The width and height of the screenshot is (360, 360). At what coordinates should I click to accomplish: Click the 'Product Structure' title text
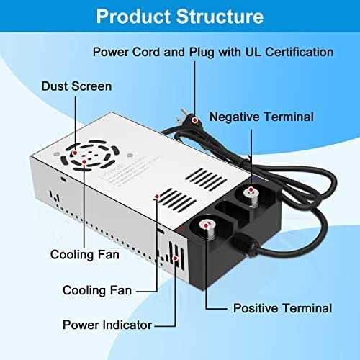pyautogui.click(x=179, y=16)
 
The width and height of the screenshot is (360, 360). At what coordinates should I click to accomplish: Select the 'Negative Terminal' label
pyautogui.click(x=261, y=117)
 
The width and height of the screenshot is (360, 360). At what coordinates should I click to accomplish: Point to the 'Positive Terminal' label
pyautogui.click(x=282, y=308)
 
